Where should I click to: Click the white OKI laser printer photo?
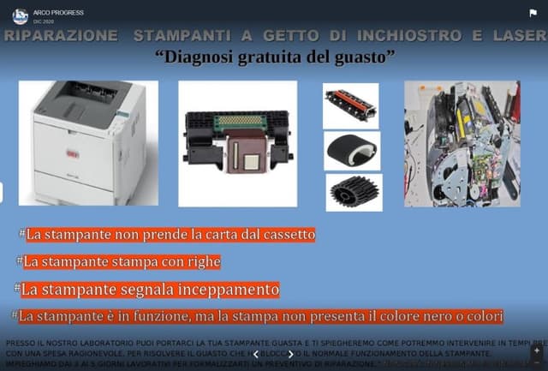click(x=87, y=141)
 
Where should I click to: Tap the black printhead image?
click(x=238, y=143)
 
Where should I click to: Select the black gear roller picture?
click(x=354, y=192)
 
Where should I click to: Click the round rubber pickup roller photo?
click(x=352, y=149)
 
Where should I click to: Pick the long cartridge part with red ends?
click(x=350, y=105)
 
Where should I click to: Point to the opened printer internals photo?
click(x=462, y=143)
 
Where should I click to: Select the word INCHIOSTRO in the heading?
click(x=396, y=36)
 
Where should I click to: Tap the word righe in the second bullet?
click(x=201, y=261)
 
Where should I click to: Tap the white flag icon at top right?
click(x=533, y=13)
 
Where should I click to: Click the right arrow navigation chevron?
click(x=290, y=353)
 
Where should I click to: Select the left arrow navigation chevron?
click(x=255, y=353)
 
